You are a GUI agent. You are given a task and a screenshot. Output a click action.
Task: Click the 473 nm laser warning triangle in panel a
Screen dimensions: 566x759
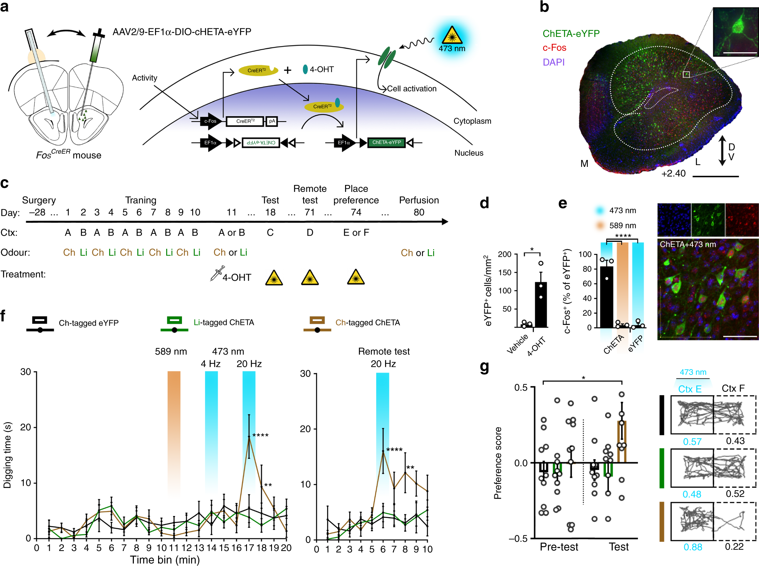452,35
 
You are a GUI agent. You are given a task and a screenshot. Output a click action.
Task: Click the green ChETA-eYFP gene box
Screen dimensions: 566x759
386,143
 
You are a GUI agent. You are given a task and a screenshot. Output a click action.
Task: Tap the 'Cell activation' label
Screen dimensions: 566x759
411,88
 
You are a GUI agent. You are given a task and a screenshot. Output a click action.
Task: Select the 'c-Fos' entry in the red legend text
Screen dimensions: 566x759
554,48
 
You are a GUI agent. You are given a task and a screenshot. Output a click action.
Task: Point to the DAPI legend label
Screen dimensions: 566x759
553,62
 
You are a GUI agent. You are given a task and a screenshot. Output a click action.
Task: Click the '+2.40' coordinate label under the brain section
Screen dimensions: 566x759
673,173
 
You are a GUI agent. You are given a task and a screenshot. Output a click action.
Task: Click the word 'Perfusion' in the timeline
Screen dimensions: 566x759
419,200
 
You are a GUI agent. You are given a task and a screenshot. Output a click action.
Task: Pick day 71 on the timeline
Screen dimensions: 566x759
310,212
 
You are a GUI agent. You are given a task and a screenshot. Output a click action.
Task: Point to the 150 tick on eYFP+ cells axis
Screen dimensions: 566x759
504,273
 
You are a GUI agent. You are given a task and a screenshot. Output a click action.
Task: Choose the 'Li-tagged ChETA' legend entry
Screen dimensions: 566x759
224,322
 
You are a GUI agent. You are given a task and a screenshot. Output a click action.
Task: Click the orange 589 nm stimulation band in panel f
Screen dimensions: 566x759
174,431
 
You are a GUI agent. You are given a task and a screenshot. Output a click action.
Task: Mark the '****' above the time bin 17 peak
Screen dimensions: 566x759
260,435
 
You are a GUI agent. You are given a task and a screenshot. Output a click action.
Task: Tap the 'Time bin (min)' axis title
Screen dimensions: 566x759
165,560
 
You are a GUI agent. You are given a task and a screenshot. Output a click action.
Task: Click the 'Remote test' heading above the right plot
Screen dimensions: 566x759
384,351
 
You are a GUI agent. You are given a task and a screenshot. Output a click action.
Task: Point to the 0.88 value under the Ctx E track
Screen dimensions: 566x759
693,547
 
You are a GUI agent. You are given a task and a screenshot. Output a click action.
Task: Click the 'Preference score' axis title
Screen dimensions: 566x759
498,463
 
